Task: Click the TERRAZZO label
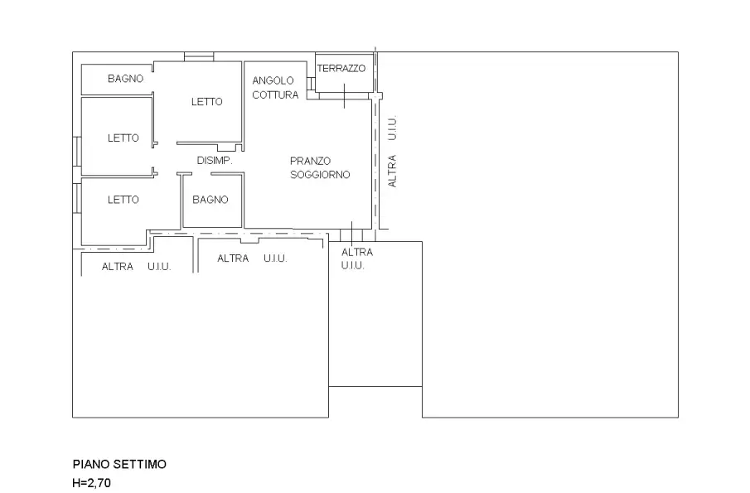coord(341,69)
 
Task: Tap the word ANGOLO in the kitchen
coord(273,80)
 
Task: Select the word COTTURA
coord(275,94)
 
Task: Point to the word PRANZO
coord(310,161)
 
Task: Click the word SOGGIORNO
coord(320,175)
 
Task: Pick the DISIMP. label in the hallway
coord(215,161)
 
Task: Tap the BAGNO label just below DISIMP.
coord(210,200)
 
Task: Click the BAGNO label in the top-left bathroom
coord(125,79)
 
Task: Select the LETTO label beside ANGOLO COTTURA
coord(206,101)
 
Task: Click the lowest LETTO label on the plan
coord(123,200)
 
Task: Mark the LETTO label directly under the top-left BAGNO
coord(123,138)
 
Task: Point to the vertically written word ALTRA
coord(392,171)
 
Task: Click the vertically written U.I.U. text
coord(392,128)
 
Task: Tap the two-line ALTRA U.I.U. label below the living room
coord(357,259)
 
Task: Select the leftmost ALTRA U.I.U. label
coord(136,266)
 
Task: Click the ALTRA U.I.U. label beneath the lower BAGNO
coord(252,259)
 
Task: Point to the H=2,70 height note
coord(91,483)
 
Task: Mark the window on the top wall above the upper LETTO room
coord(199,57)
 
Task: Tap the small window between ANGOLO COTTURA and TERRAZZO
coord(311,83)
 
